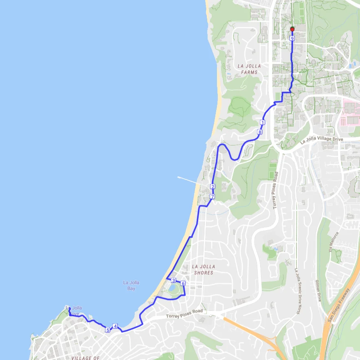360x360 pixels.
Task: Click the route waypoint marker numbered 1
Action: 262,123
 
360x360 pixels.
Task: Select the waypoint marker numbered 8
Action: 259,132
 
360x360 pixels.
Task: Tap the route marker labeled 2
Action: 212,187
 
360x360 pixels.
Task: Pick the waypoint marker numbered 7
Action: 212,196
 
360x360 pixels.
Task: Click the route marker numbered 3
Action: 173,281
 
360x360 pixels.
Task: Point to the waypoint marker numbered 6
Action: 183,283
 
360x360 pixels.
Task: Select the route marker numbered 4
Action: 115,326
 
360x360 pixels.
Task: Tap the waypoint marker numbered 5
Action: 108,330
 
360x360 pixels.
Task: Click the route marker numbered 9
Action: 292,38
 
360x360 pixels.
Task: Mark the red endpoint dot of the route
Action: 292,29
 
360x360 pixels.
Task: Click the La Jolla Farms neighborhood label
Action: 249,69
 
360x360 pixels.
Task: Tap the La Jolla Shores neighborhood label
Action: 203,270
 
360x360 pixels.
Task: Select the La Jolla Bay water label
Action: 131,285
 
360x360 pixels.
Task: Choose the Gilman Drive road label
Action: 318,290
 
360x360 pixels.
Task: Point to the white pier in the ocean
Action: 189,181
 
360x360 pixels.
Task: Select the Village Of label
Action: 86,358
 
